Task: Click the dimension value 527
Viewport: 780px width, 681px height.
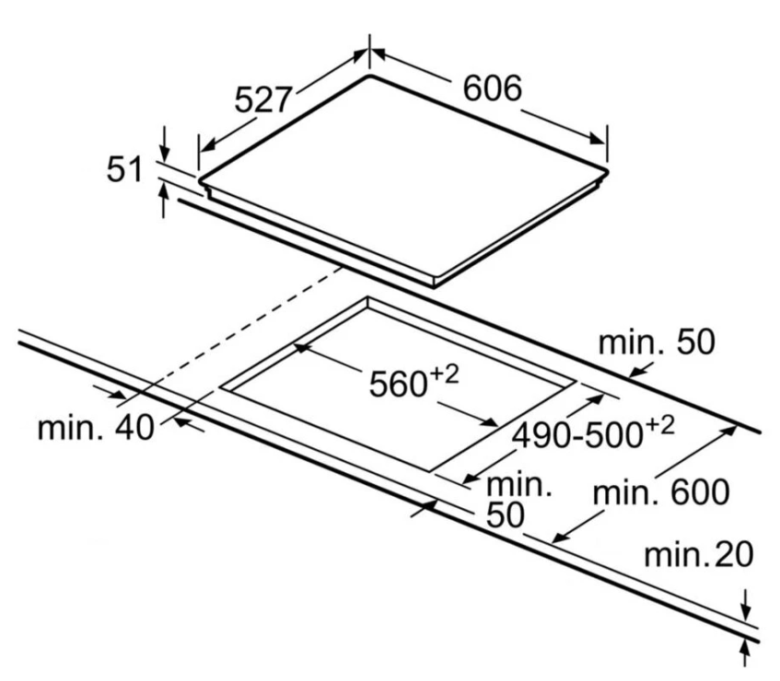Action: coord(263,100)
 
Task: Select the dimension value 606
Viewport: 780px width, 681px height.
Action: coord(492,89)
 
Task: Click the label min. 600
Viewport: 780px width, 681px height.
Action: coord(661,493)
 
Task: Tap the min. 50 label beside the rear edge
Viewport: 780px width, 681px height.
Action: coord(656,343)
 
